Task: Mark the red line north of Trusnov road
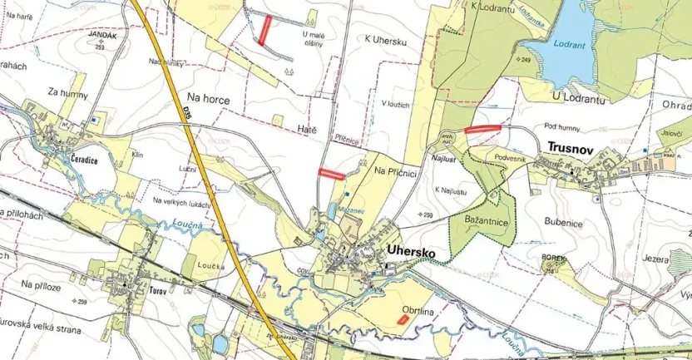(482, 129)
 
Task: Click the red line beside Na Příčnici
(333, 174)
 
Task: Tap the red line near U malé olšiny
(264, 30)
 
